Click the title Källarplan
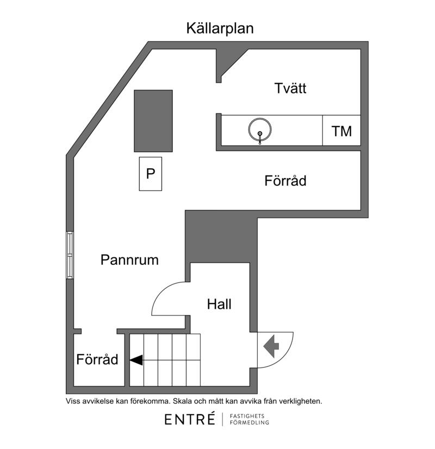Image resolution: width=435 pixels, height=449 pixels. (x=220, y=28)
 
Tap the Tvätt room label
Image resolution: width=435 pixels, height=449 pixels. (x=290, y=88)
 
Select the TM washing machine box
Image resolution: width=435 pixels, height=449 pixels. (x=341, y=130)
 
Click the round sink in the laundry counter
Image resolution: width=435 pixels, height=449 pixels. (x=260, y=130)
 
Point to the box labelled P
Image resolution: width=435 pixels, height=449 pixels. (x=151, y=174)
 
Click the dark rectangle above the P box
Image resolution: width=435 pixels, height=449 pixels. (x=153, y=121)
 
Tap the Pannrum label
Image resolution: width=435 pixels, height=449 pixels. (x=129, y=260)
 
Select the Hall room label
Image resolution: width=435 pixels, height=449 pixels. (x=219, y=304)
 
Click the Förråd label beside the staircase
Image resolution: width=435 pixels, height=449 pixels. (x=97, y=359)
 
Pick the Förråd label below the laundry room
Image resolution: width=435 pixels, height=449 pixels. (x=285, y=181)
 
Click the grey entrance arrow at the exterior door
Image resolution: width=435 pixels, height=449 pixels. (x=271, y=346)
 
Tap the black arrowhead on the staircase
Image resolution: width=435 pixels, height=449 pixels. (x=136, y=360)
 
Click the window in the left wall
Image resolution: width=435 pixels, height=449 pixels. (x=70, y=255)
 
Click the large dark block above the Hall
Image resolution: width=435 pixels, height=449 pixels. (x=221, y=236)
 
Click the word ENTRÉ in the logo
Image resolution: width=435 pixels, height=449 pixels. (x=190, y=420)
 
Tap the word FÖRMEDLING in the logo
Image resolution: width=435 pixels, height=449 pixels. (x=250, y=422)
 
